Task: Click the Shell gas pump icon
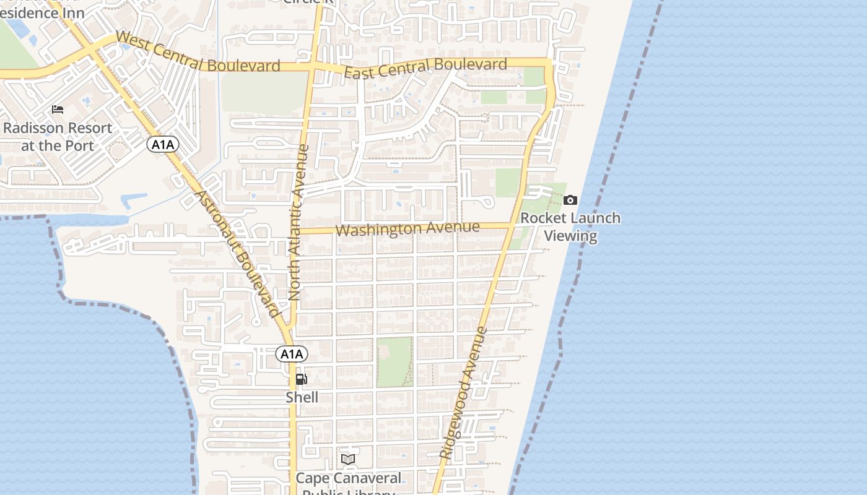click(x=301, y=379)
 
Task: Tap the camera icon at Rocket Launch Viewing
click(x=570, y=200)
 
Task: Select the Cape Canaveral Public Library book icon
click(x=348, y=459)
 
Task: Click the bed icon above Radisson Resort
click(x=58, y=110)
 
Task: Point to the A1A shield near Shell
click(x=291, y=354)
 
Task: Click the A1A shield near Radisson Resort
click(x=163, y=145)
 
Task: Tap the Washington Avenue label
click(x=407, y=228)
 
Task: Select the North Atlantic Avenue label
click(x=298, y=223)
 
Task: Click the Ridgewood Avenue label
click(x=464, y=394)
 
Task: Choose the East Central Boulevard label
click(x=425, y=67)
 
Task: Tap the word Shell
click(x=302, y=397)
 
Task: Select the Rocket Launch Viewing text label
click(x=570, y=226)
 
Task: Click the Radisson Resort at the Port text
click(x=58, y=137)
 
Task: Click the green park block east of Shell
click(x=394, y=362)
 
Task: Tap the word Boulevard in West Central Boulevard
click(x=244, y=65)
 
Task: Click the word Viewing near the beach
click(x=570, y=236)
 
